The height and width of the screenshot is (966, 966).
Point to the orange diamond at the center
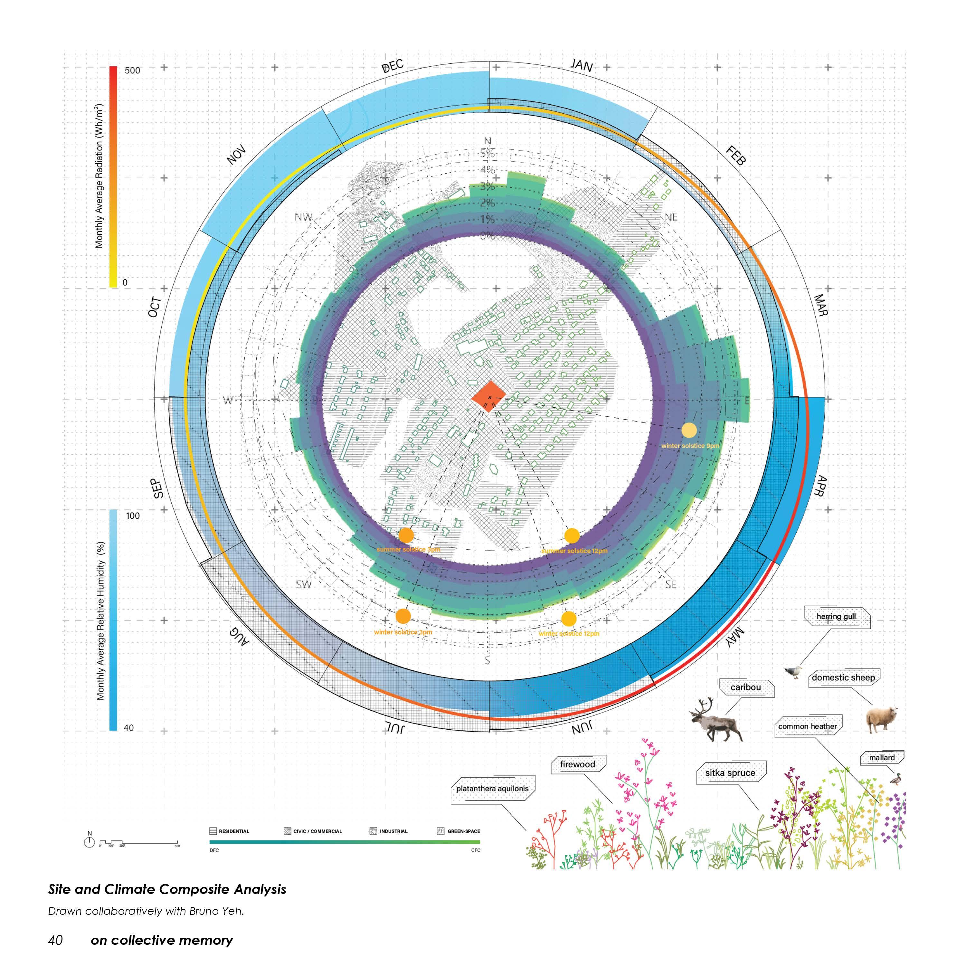pyautogui.click(x=488, y=397)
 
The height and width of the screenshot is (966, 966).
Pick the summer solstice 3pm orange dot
pyautogui.click(x=406, y=535)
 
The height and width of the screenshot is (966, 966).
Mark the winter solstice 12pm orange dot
pyautogui.click(x=569, y=619)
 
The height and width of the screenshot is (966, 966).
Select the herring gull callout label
pyautogui.click(x=836, y=617)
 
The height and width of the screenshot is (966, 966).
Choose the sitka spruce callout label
pyautogui.click(x=730, y=773)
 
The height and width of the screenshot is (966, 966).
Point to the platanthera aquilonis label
pyautogui.click(x=492, y=789)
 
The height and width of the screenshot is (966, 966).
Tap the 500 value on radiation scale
pyautogui.click(x=132, y=71)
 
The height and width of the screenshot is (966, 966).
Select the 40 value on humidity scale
pyautogui.click(x=128, y=728)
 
